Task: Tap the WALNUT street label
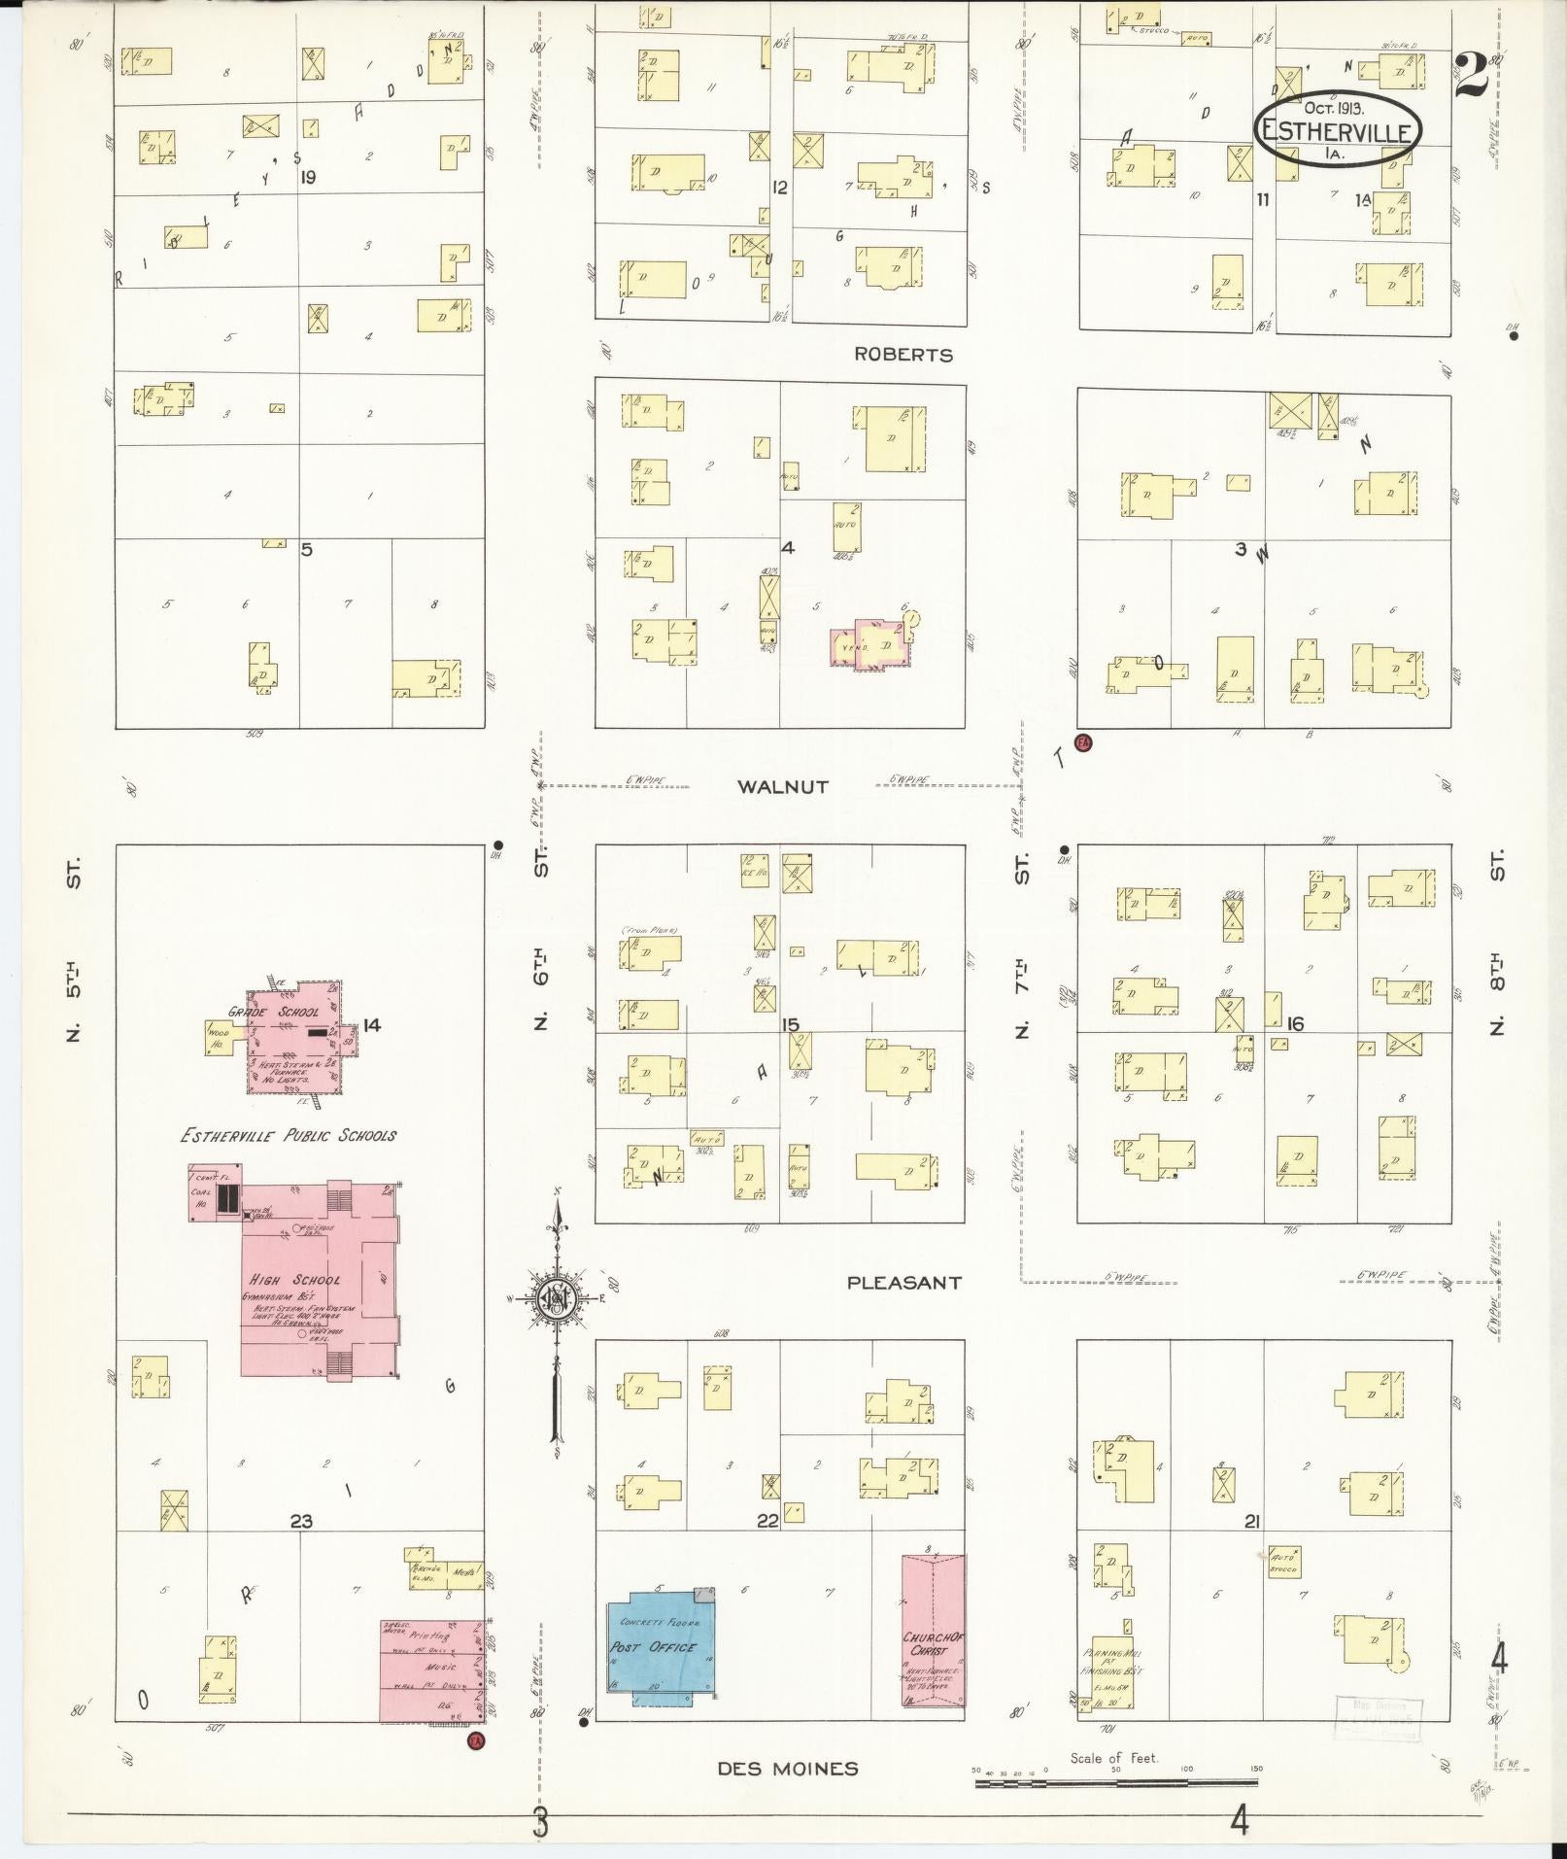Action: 782,787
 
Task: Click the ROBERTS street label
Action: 903,355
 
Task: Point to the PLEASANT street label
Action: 904,1283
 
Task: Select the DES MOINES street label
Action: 788,1769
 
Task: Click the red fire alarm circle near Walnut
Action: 1084,743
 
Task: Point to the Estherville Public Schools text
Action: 287,1135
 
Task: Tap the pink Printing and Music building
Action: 431,1670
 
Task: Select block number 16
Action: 1294,1023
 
